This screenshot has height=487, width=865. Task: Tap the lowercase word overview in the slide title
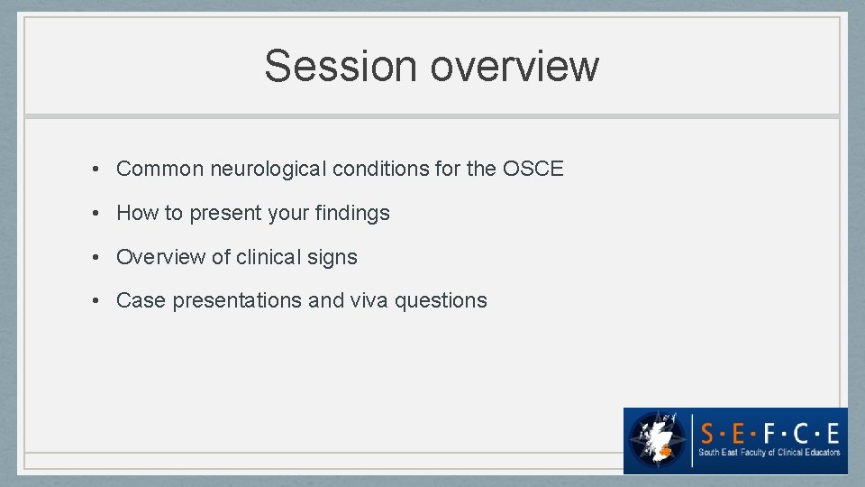pos(515,66)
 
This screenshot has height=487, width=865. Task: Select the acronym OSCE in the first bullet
pos(533,169)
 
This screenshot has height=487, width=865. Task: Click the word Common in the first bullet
pos(154,169)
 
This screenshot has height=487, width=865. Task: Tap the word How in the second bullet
pos(137,213)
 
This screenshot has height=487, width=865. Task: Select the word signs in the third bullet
pos(332,257)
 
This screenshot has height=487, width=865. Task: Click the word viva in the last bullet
pos(369,300)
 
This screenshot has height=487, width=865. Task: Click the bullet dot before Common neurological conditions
pos(95,170)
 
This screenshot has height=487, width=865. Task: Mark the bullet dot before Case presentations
pos(95,301)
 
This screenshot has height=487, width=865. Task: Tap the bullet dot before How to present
pos(95,214)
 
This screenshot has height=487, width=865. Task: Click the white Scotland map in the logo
pos(656,437)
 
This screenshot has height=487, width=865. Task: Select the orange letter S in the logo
pos(709,430)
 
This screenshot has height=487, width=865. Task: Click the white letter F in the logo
pos(770,430)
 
